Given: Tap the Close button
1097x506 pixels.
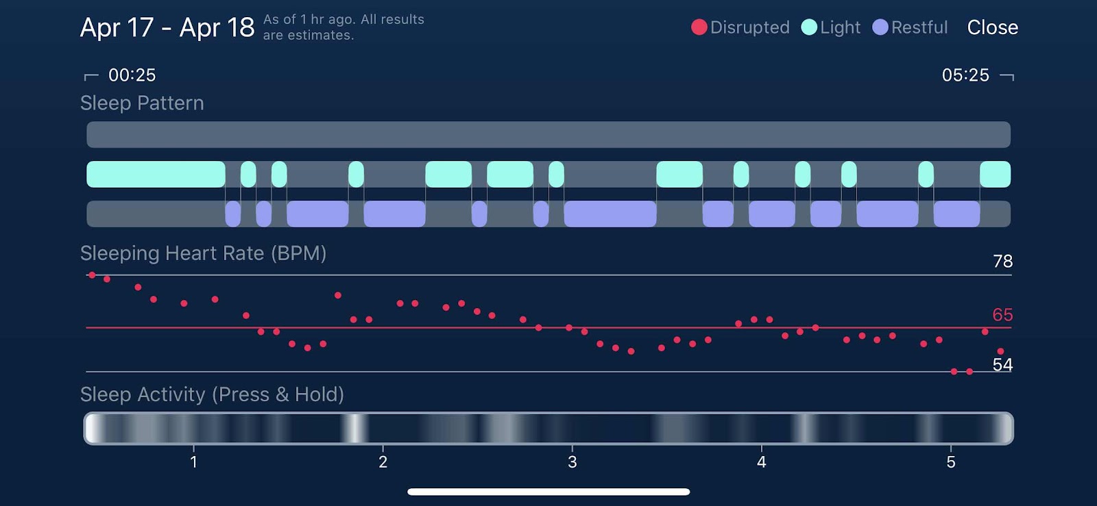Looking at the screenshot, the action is coord(992,27).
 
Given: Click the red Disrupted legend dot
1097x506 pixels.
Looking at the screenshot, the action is coord(699,27).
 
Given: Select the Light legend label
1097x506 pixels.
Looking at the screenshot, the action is coord(840,27).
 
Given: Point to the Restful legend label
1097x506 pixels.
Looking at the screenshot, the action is coord(919,27).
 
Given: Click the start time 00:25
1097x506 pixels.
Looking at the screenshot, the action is coord(132,75).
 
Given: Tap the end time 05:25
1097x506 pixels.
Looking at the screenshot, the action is coord(965,75).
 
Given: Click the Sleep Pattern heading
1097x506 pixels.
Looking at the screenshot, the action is coord(142,103).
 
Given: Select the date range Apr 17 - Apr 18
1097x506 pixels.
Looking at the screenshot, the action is coord(167,27).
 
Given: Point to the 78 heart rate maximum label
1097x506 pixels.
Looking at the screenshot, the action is coord(1002,261).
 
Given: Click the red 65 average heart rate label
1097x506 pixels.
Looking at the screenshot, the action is coord(1002,314).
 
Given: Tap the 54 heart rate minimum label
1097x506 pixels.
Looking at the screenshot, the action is coord(1002,365).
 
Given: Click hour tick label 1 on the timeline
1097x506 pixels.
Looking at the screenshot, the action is coord(194,462).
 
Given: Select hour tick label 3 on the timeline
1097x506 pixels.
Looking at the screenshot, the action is coord(572,462).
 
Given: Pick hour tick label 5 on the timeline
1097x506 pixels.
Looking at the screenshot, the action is coord(950,462).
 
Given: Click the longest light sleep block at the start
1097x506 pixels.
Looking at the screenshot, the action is coord(156,174).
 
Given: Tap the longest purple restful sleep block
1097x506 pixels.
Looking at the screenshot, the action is coord(610,214).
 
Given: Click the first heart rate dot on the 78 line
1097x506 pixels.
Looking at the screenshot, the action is coord(92,275).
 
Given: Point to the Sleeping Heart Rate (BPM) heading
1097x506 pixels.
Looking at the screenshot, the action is coord(203,254).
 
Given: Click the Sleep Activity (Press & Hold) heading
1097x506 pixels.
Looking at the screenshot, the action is coord(212,394).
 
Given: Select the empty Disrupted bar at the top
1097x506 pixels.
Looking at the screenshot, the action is coord(548,134).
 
